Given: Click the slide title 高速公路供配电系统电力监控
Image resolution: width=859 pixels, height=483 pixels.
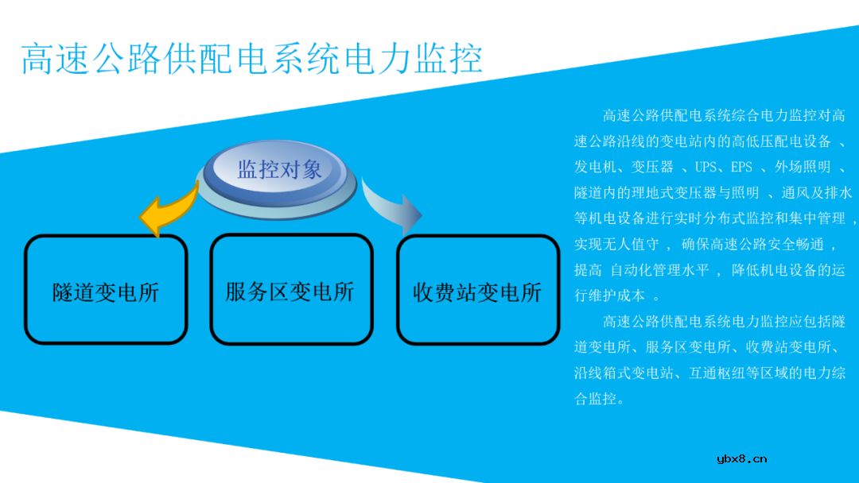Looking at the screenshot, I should click(x=251, y=59).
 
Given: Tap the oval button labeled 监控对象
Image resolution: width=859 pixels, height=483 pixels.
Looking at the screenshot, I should click(x=279, y=169).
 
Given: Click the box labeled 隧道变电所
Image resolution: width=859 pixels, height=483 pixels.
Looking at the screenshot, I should click(x=106, y=292).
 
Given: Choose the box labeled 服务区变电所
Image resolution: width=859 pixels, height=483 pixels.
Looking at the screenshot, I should click(x=290, y=291).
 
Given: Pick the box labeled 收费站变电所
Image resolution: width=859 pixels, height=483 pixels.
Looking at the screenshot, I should click(x=477, y=292).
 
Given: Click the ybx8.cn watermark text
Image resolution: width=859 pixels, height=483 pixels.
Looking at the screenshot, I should click(x=741, y=458).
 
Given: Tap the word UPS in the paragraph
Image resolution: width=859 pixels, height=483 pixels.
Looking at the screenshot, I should click(x=705, y=167).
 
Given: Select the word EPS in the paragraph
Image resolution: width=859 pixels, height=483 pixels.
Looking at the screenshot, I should click(x=741, y=167).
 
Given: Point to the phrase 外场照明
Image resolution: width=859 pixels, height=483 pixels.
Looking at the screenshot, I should click(x=803, y=167).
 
